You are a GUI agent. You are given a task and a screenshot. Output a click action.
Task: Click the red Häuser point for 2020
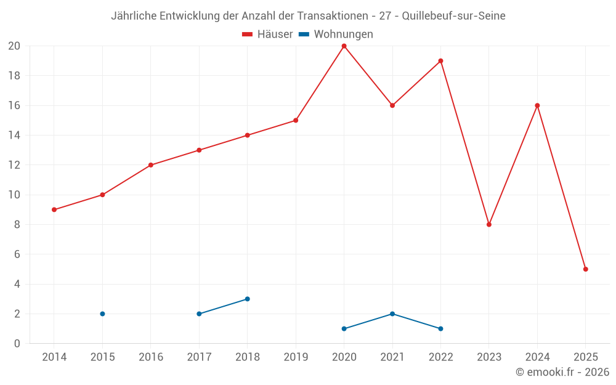tap(344, 46)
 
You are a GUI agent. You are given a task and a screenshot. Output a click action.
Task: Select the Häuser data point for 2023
tap(489, 225)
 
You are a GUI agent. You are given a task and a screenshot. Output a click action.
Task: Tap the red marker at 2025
tap(586, 269)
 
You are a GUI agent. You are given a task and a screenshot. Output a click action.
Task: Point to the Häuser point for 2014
tap(54, 210)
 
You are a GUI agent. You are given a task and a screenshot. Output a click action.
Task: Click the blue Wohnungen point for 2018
tap(247, 299)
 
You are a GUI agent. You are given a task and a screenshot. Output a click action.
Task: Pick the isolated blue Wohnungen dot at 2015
tap(102, 314)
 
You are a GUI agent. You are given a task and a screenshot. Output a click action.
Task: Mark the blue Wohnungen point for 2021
tap(392, 314)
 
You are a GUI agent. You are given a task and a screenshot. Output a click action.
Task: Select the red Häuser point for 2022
tap(440, 61)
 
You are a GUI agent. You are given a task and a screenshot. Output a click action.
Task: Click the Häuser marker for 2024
tap(537, 105)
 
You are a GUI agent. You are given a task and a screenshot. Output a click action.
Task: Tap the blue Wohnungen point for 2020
tap(344, 329)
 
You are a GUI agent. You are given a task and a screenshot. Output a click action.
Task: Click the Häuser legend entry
tap(267, 34)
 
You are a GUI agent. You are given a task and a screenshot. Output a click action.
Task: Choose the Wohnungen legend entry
tap(336, 34)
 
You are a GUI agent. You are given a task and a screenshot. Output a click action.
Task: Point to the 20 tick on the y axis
tap(14, 46)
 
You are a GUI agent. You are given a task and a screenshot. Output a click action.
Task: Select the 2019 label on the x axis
tap(296, 357)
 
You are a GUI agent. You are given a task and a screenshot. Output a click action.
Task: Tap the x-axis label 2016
tap(150, 357)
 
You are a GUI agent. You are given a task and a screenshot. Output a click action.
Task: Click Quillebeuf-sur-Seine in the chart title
tap(453, 16)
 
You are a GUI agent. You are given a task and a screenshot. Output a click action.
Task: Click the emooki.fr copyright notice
tap(562, 372)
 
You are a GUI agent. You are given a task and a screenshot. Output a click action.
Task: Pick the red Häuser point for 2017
tap(199, 150)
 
